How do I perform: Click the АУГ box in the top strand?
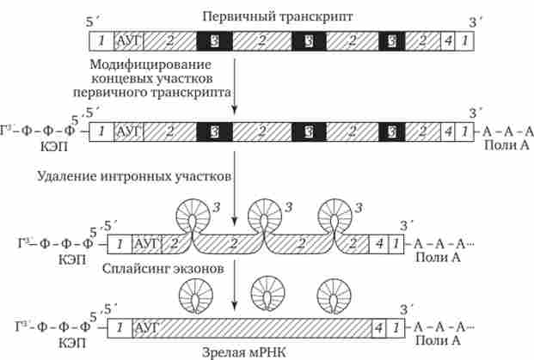[x=129, y=40]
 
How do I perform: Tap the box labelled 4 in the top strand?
[x=448, y=40]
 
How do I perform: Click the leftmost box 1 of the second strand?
[x=101, y=131]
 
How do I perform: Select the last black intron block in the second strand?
[x=393, y=131]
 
